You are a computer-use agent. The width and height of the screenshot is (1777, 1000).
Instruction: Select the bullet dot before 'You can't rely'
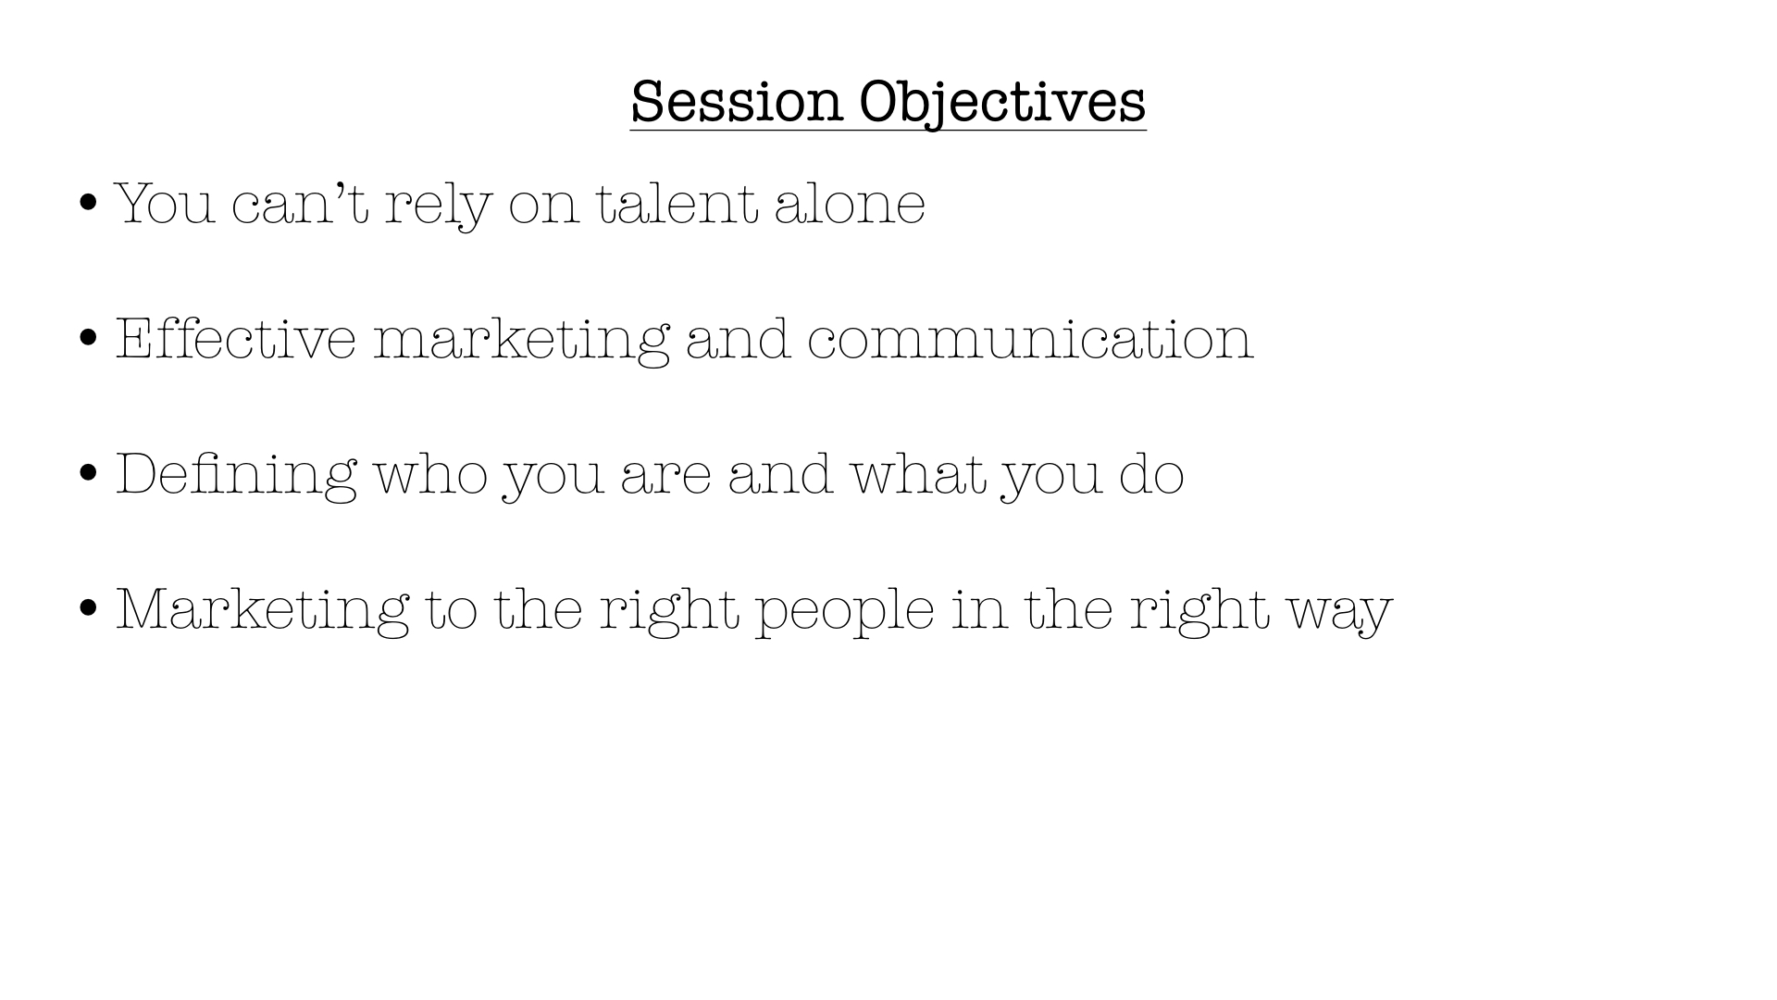(x=89, y=203)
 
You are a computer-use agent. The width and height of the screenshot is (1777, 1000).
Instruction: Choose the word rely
(x=438, y=205)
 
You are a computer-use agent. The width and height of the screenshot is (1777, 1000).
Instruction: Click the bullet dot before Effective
(x=89, y=338)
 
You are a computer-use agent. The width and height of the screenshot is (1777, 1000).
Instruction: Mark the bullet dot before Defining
(x=89, y=473)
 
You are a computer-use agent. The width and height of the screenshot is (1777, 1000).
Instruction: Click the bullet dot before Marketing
(x=89, y=608)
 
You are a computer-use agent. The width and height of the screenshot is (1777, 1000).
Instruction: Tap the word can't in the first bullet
(x=300, y=202)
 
